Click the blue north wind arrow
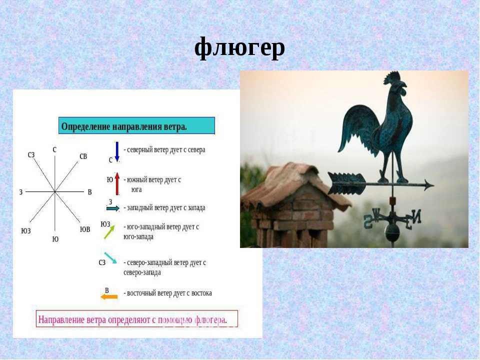tap(117, 151)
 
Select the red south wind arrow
tap(117, 183)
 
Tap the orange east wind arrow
tap(109, 296)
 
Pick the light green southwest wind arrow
tap(109, 232)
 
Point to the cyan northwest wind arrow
tap(110, 258)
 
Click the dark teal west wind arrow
tap(113, 208)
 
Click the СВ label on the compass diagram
tap(83, 156)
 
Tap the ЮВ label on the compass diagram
tap(85, 229)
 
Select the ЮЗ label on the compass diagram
tap(26, 231)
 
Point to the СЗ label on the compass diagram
tap(31, 155)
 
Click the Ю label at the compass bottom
tap(55, 239)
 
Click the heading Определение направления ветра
tap(124, 126)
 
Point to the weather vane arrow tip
tap(434, 185)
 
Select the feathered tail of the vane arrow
tap(346, 183)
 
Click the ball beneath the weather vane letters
tap(392, 231)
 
